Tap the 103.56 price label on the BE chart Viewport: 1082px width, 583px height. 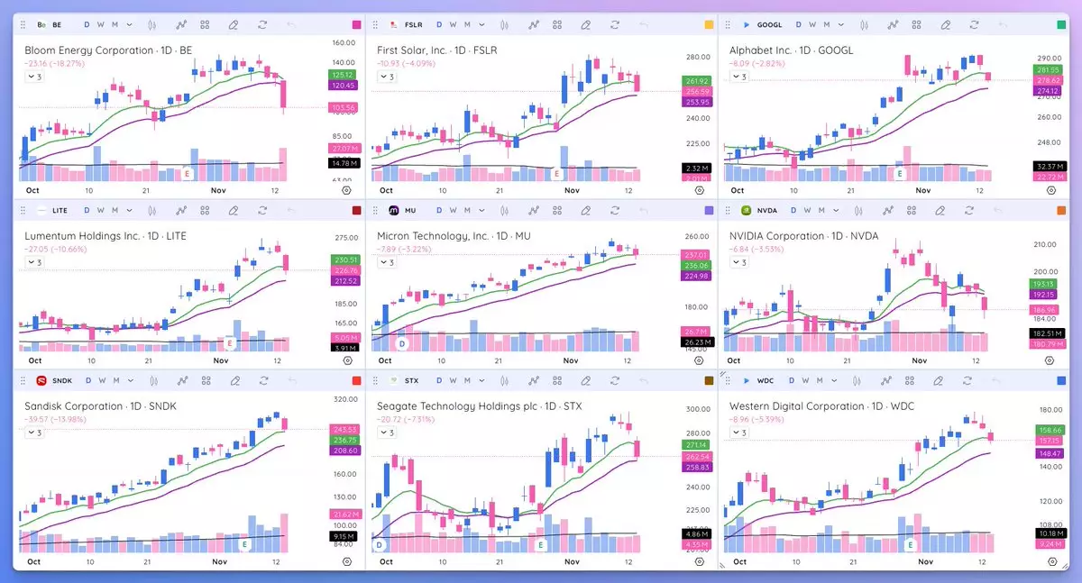(344, 108)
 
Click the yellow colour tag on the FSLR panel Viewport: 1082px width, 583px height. (709, 24)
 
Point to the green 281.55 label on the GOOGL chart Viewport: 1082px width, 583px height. (1048, 69)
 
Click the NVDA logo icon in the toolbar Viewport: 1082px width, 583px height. (746, 211)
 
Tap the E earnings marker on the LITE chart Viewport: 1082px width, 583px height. (230, 343)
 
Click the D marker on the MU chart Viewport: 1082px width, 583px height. (401, 344)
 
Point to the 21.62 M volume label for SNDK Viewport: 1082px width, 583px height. (344, 514)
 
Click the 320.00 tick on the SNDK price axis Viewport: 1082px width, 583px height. (344, 399)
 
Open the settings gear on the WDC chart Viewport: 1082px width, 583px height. (1051, 561)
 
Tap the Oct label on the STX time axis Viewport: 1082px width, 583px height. (386, 561)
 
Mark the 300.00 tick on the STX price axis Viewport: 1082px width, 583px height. (695, 409)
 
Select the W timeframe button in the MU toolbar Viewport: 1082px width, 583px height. (452, 211)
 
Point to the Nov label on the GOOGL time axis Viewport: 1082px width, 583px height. (922, 191)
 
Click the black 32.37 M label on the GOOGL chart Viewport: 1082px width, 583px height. (1048, 167)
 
